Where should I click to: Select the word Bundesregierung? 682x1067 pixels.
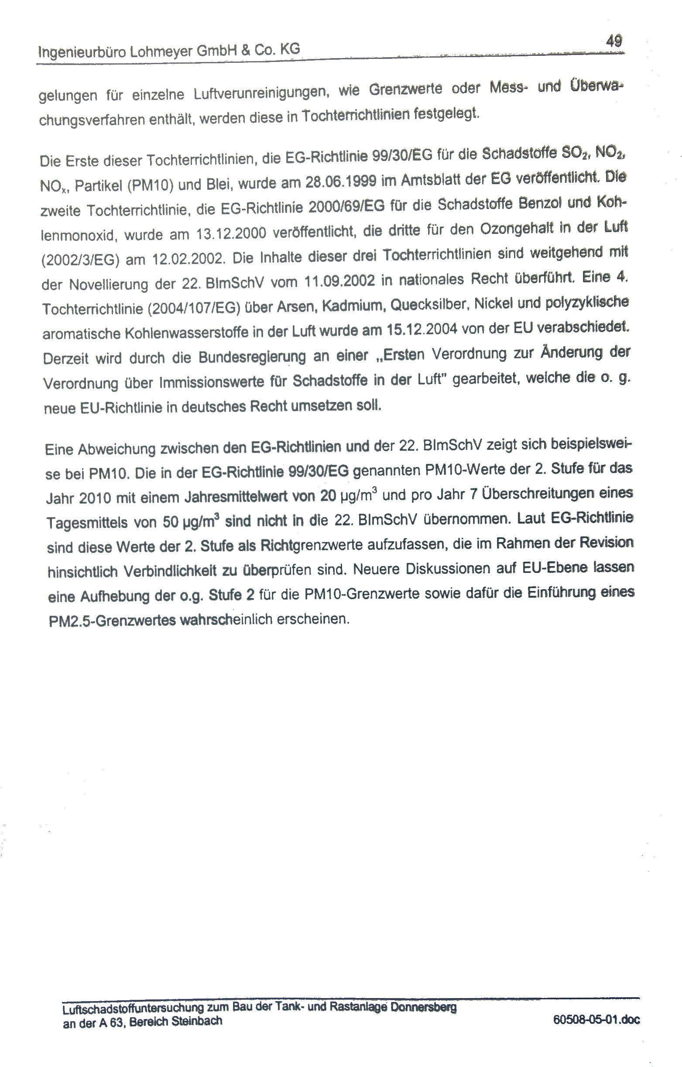pos(252,357)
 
